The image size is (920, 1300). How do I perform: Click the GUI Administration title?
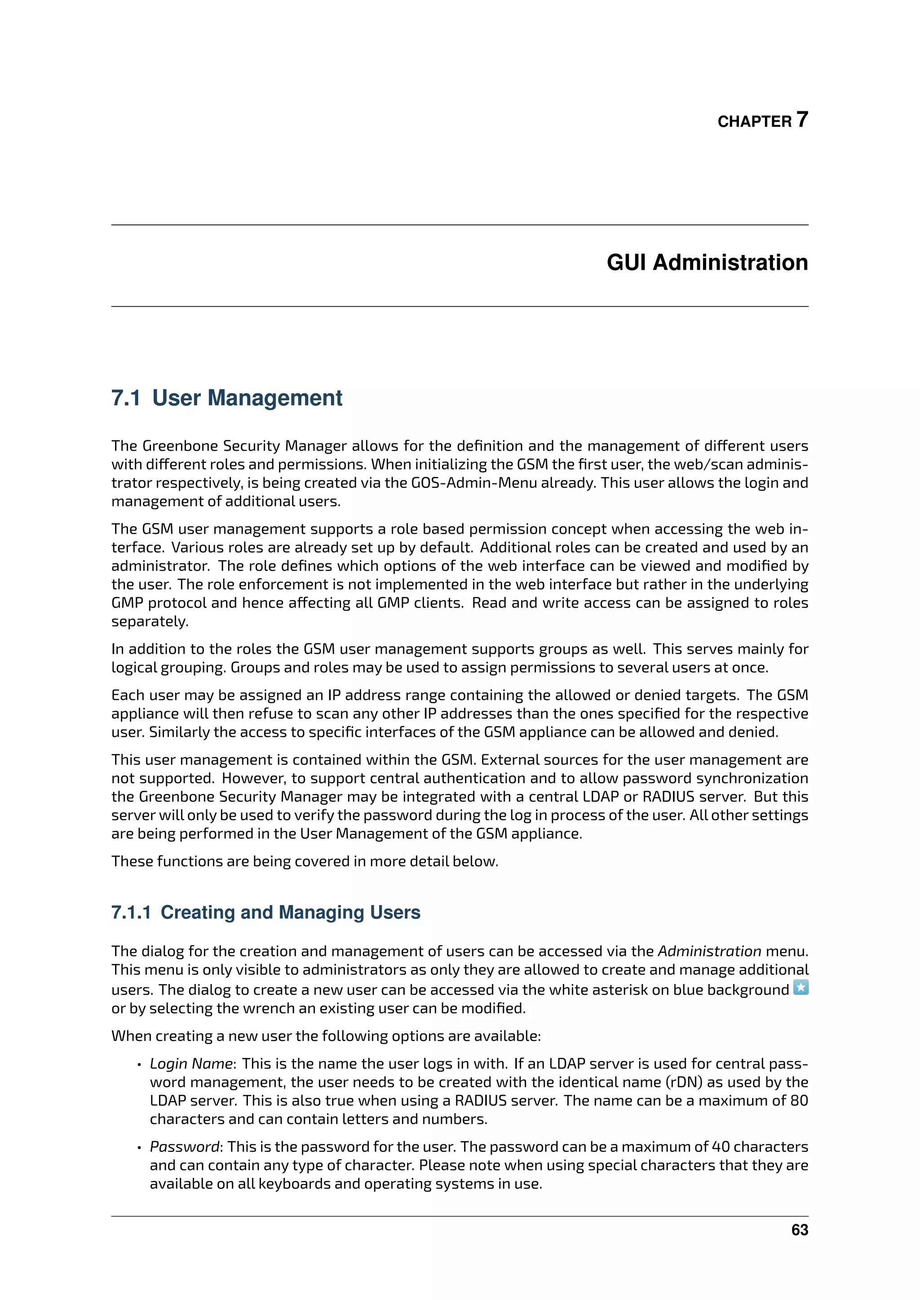click(707, 263)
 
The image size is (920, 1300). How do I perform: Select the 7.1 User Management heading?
click(226, 398)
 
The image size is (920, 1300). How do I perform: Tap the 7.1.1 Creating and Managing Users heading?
click(265, 912)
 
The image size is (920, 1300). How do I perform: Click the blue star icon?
click(801, 988)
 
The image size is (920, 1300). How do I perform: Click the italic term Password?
click(184, 1146)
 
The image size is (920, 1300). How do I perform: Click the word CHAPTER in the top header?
click(755, 122)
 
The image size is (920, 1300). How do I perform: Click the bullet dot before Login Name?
click(139, 1065)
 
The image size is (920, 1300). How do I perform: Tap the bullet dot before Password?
click(139, 1148)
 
